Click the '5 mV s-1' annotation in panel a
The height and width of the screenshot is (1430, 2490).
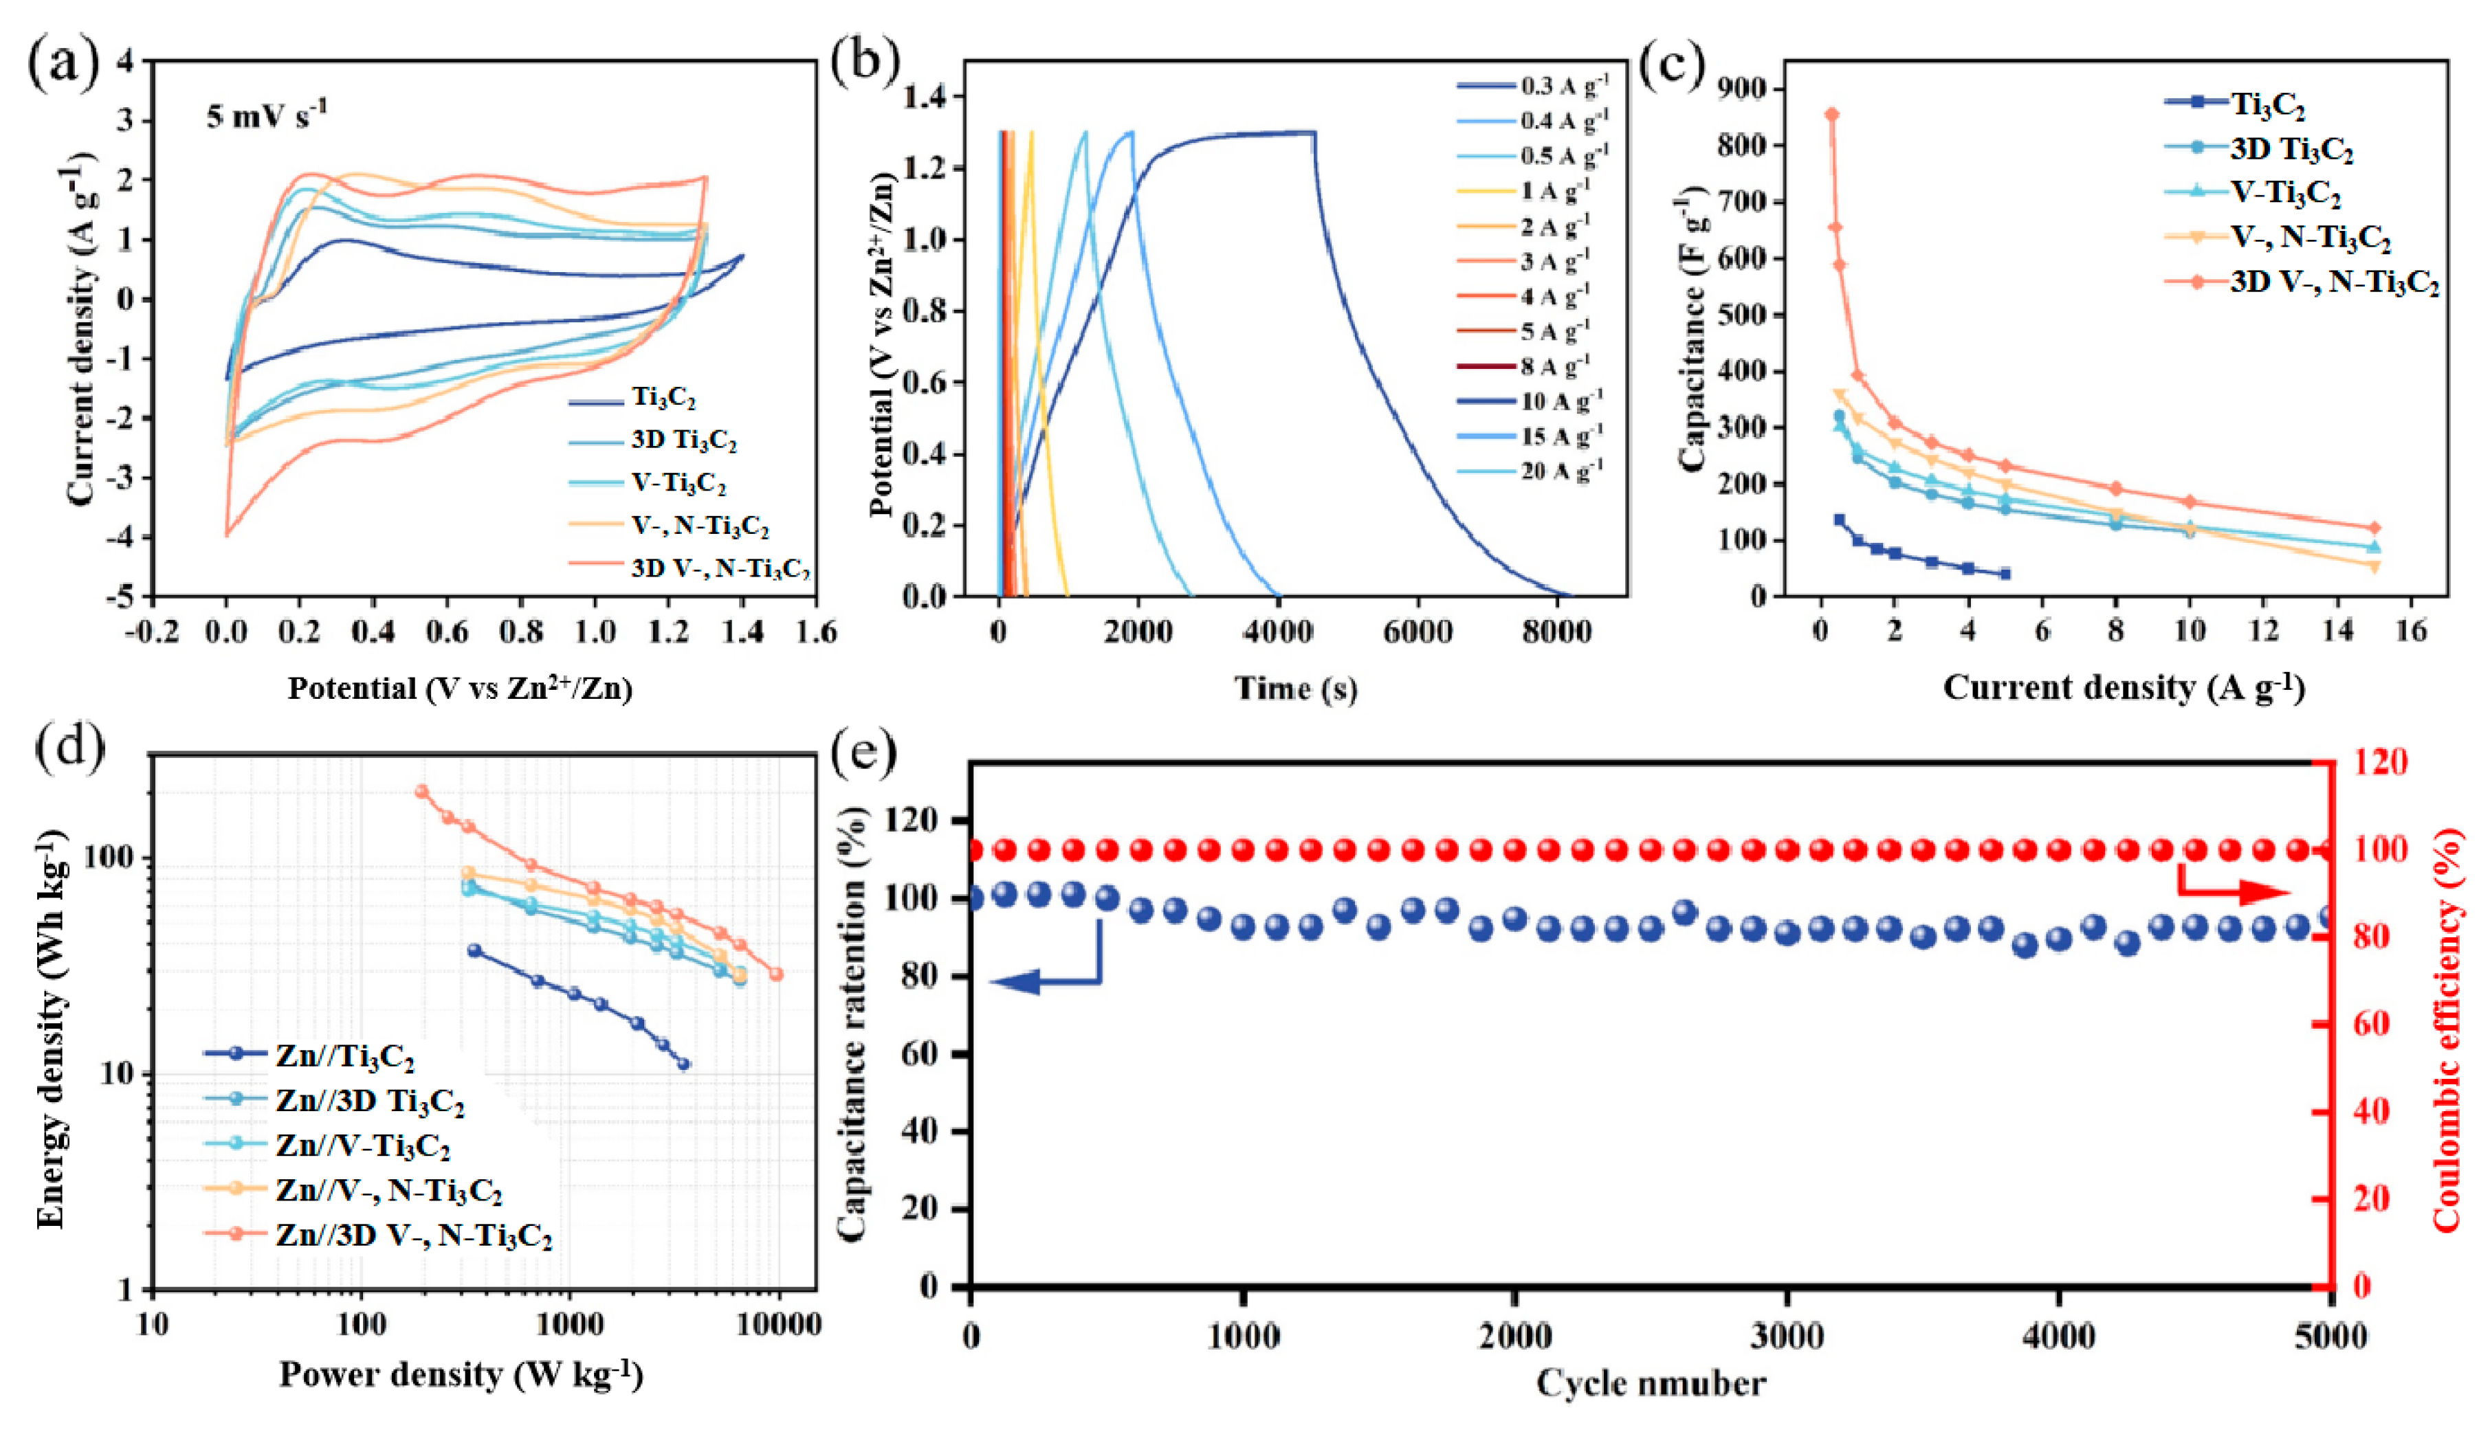pyautogui.click(x=265, y=116)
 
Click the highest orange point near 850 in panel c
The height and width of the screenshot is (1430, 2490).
pyautogui.click(x=1832, y=115)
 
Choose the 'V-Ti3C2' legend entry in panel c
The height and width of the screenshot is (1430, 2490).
pyautogui.click(x=2284, y=192)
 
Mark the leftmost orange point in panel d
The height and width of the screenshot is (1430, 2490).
pyautogui.click(x=422, y=792)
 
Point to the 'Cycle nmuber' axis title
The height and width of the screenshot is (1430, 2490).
pyautogui.click(x=1650, y=1384)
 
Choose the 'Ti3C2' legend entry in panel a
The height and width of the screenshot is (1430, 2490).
pyautogui.click(x=663, y=398)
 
